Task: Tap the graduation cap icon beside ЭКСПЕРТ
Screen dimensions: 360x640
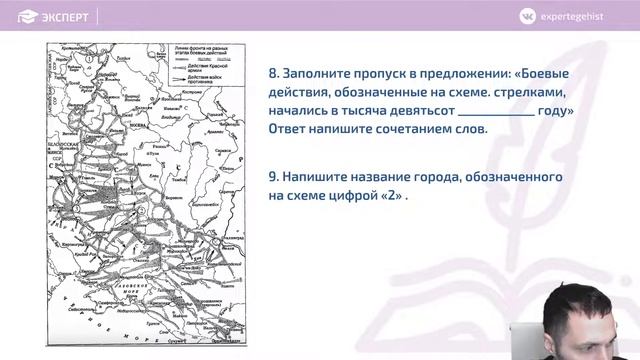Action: [x=29, y=17]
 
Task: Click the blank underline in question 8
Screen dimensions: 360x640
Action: [x=496, y=112]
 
